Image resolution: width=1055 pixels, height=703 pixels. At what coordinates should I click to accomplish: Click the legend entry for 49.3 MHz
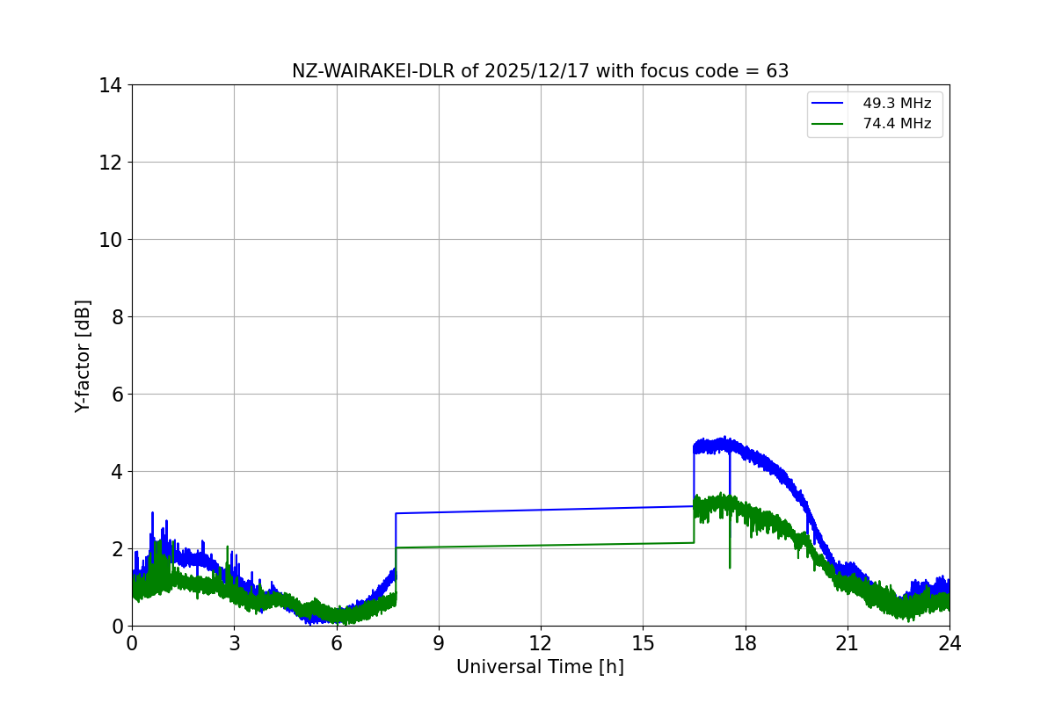pos(896,104)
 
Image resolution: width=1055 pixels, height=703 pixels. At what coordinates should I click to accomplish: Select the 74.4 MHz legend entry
pos(896,124)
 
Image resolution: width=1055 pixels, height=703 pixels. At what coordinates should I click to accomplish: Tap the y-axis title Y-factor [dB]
pos(83,356)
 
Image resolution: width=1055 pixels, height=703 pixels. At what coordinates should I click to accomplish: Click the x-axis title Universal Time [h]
pos(540,667)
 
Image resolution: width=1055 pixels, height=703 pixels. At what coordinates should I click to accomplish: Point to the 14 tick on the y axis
pos(112,85)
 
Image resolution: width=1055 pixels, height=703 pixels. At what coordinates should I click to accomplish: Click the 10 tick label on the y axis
pos(112,240)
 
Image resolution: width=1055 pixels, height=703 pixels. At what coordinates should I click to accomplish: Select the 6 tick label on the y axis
pos(117,395)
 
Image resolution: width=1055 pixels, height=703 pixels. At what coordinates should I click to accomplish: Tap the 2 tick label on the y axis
pos(117,549)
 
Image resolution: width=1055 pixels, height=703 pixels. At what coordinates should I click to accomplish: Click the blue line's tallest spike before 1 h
pos(152,513)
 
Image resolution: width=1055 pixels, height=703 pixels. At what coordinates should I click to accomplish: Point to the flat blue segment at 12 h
pos(541,510)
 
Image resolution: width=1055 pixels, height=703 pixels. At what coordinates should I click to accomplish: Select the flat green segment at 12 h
pos(541,545)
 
